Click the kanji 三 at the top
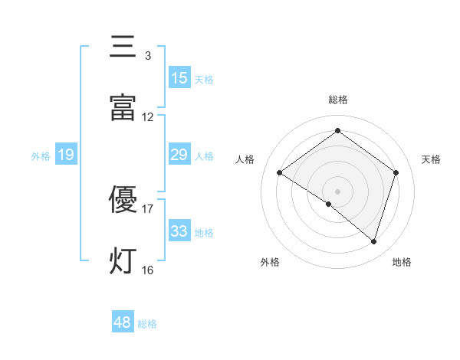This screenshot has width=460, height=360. click(x=123, y=47)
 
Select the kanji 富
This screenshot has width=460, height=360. click(x=123, y=107)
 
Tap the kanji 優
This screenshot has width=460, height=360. click(x=123, y=199)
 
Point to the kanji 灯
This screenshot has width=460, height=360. click(x=123, y=260)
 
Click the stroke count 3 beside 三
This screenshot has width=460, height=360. click(x=147, y=56)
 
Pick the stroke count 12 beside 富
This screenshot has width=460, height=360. click(x=147, y=117)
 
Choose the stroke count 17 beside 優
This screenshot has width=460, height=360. click(x=147, y=208)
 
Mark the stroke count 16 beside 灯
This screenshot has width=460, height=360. click(x=147, y=270)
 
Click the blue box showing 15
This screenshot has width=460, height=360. click(x=179, y=78)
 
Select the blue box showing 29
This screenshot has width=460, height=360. click(x=179, y=155)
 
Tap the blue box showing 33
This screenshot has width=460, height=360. click(x=179, y=231)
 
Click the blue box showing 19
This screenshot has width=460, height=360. click(x=65, y=155)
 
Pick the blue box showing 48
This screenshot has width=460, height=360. click(x=123, y=322)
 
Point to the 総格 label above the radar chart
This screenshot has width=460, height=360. click(x=338, y=100)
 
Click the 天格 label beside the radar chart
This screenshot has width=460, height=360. click(x=432, y=159)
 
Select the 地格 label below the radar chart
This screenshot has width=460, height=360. click(x=402, y=262)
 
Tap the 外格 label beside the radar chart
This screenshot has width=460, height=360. click(x=270, y=262)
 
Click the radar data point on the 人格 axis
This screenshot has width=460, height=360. click(x=280, y=173)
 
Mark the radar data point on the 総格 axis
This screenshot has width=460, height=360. click(x=337, y=131)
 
